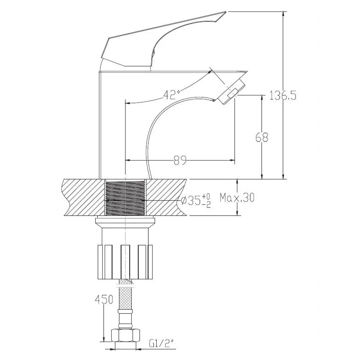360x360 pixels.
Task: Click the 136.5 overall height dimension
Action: [283, 96]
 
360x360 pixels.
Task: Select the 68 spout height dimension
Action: [262, 137]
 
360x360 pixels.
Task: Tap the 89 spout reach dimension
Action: [180, 161]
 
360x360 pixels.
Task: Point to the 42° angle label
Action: [171, 95]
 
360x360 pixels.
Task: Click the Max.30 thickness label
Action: [237, 197]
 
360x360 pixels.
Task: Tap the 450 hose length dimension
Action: [104, 300]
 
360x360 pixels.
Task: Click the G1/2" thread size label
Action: [161, 344]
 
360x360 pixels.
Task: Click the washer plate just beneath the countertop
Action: [125, 221]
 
